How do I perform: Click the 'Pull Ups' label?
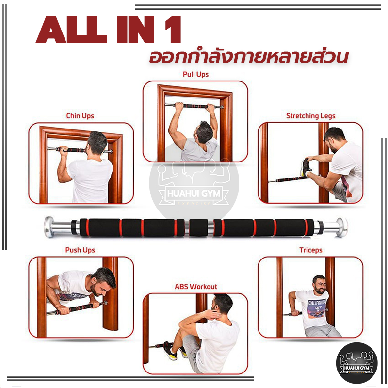coord(195,74)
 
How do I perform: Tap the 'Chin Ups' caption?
coord(80,116)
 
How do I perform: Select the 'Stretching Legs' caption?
coord(310,116)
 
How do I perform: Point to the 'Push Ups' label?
coord(80,250)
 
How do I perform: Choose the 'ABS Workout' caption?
coord(196,287)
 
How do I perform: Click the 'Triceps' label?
coord(311,250)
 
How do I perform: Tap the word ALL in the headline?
coord(71,30)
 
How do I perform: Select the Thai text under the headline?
coord(248,57)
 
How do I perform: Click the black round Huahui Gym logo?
coord(357,363)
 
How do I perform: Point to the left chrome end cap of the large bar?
coord(49,227)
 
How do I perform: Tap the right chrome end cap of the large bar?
coord(342,227)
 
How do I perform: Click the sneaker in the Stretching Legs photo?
coord(306,167)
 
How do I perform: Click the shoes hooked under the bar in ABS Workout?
coord(173,350)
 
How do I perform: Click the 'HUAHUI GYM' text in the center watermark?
coord(194,193)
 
